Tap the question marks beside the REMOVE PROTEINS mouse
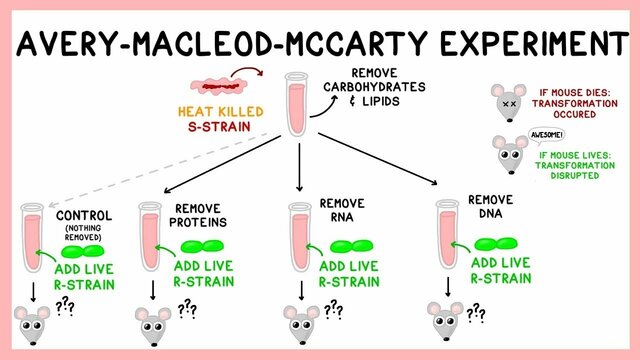186,310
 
